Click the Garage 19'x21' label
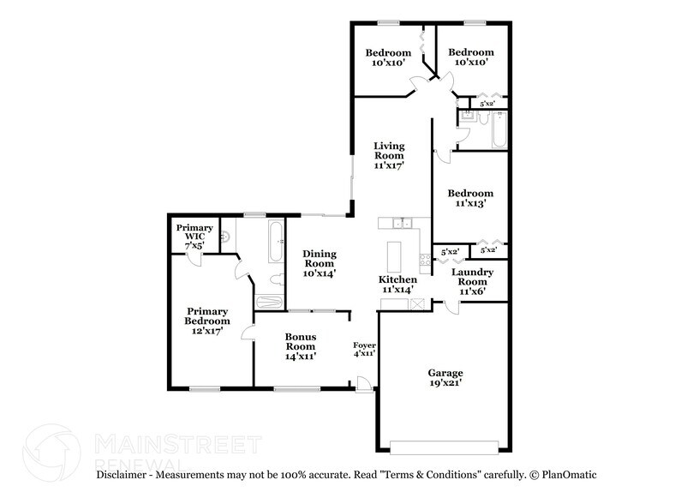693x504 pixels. (x=445, y=378)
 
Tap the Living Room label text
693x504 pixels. (x=388, y=155)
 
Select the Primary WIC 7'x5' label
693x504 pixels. (x=194, y=237)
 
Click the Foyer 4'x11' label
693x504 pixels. (x=365, y=348)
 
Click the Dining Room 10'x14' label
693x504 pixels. (x=319, y=263)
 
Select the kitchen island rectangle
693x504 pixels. (x=394, y=255)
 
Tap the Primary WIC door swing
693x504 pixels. (x=196, y=260)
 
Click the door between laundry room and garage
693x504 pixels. (x=451, y=306)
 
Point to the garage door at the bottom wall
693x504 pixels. (x=443, y=446)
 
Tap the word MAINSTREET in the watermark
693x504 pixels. (x=176, y=444)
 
